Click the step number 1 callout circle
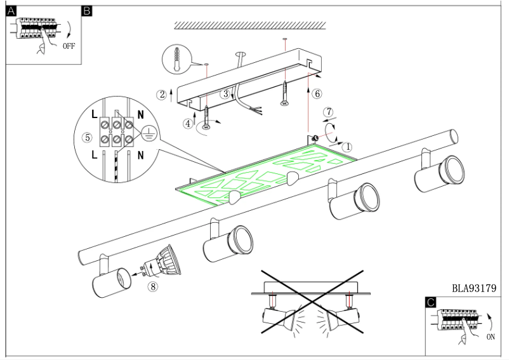pyautogui.click(x=347, y=146)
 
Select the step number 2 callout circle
pyautogui.click(x=162, y=95)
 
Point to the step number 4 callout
pyautogui.click(x=188, y=124)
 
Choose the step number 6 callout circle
pyautogui.click(x=317, y=93)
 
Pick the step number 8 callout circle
pyautogui.click(x=152, y=286)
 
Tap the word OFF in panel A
pyautogui.click(x=69, y=47)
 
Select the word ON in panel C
pyautogui.click(x=490, y=338)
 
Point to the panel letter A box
pyautogui.click(x=11, y=11)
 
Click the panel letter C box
pyautogui.click(x=431, y=303)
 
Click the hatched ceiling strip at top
pyautogui.click(x=250, y=25)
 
